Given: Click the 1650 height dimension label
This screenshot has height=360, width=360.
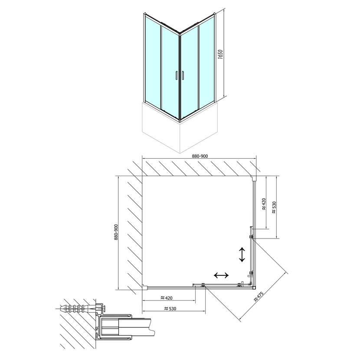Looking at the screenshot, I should (x=220, y=57).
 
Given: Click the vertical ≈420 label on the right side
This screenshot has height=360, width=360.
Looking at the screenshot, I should (x=263, y=205).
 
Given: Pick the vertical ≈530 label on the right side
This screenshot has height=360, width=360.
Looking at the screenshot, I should (x=273, y=207).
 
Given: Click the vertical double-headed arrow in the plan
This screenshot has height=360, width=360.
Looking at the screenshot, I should (x=242, y=254).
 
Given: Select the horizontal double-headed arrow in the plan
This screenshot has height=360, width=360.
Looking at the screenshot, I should (x=222, y=275).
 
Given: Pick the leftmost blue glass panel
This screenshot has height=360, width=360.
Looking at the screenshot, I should (x=152, y=61).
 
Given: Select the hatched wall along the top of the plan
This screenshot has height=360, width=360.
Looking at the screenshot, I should (x=200, y=167).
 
